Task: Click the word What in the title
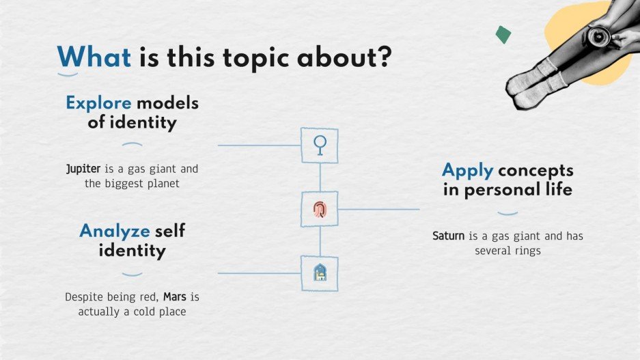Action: (x=94, y=57)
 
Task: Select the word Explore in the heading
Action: (x=98, y=104)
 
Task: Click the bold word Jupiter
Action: (x=83, y=168)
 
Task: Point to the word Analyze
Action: (x=114, y=231)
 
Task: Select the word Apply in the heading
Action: (x=467, y=170)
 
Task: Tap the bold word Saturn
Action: (x=449, y=236)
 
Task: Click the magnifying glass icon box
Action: (x=320, y=145)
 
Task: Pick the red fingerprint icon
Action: (x=320, y=209)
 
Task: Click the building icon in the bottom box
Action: (x=320, y=273)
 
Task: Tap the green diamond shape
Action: (x=503, y=34)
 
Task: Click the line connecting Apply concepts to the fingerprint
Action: (x=379, y=209)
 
